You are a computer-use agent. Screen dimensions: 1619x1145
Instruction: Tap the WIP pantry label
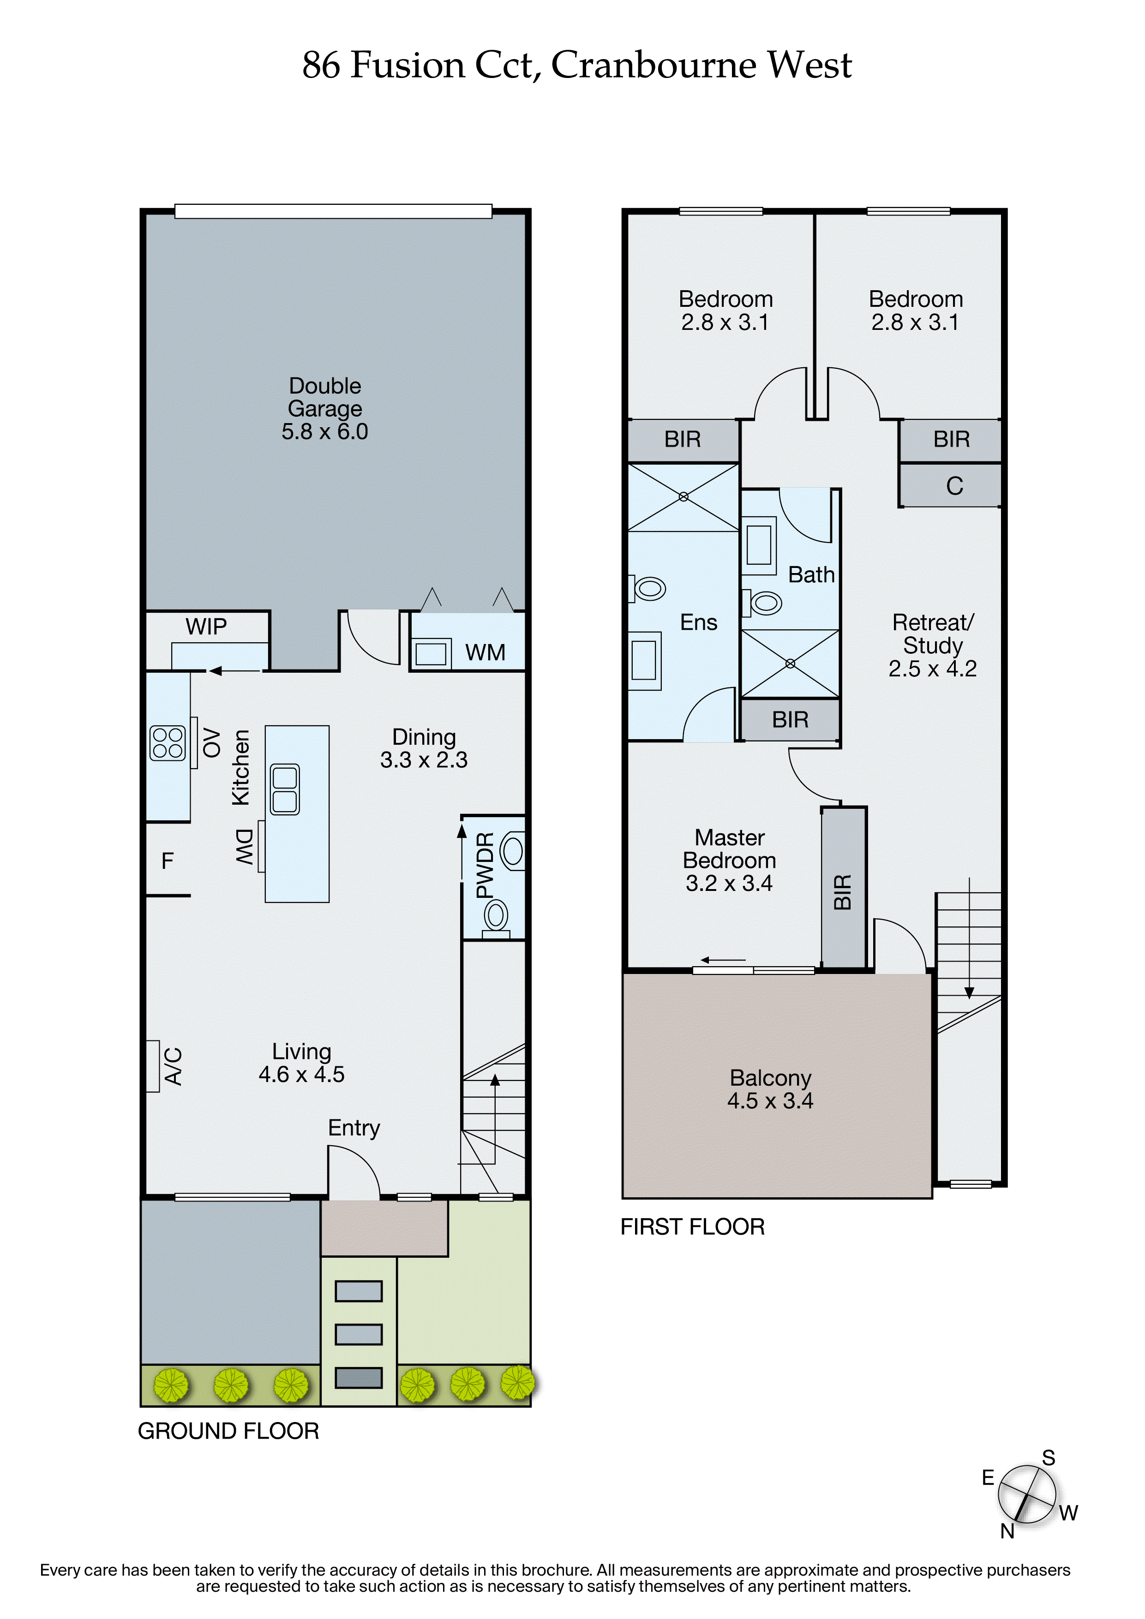click(206, 626)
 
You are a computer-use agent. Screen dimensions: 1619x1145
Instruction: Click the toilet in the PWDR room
click(513, 851)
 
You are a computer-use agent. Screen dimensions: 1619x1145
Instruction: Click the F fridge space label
click(167, 860)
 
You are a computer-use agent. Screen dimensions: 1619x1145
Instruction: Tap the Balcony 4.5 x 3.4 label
click(770, 1089)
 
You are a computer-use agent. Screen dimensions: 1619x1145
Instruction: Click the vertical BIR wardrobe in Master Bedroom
click(843, 891)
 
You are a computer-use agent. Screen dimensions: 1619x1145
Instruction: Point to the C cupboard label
click(954, 486)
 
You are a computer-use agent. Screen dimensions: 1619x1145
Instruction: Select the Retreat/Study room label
click(932, 645)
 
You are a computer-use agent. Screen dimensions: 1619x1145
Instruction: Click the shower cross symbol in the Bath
click(790, 663)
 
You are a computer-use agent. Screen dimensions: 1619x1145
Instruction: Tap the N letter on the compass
click(1007, 1531)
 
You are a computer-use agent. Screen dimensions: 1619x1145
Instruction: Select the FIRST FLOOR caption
click(692, 1226)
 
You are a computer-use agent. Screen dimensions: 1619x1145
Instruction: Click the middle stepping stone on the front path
click(359, 1334)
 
